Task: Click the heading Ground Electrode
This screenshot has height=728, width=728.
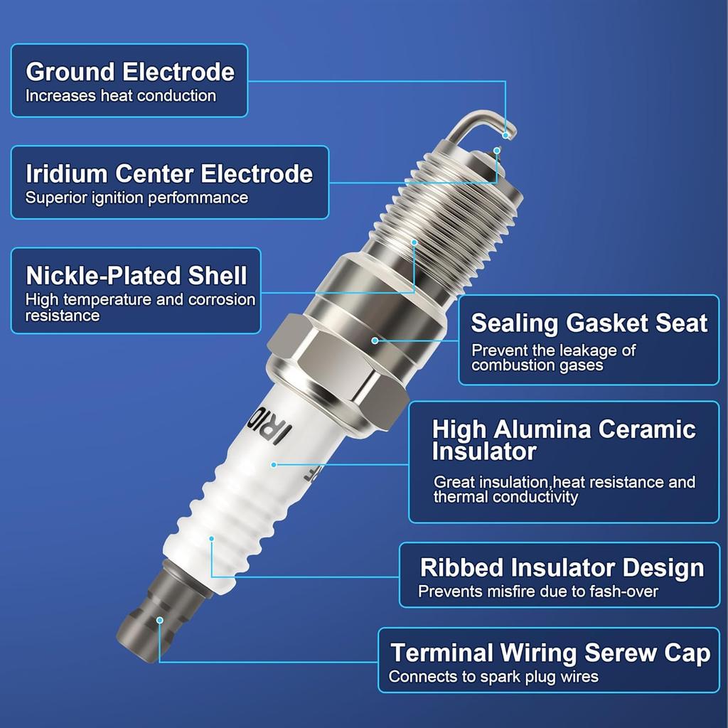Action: [130, 72]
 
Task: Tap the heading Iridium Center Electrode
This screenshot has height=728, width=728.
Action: [169, 173]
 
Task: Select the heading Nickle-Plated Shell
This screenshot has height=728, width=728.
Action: [136, 275]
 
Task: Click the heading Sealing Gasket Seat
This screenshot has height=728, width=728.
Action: [589, 323]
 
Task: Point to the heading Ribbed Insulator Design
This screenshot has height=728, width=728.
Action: [562, 567]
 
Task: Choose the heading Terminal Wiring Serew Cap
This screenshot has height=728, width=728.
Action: [550, 653]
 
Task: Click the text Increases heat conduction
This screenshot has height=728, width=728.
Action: [121, 95]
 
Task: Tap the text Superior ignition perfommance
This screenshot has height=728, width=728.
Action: [137, 198]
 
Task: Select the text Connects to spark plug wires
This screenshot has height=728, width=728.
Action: [493, 677]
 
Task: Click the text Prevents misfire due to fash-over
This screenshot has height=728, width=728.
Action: [538, 591]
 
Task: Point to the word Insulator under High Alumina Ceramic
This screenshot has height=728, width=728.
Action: [484, 451]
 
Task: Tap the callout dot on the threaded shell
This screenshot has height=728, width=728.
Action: [415, 242]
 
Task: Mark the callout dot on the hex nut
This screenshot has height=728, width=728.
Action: [375, 341]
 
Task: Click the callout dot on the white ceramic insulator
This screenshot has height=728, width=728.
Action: [274, 464]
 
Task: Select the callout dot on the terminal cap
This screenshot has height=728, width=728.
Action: [160, 620]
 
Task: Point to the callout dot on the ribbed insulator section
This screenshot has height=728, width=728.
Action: [212, 539]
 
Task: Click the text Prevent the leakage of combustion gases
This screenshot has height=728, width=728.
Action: [554, 358]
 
